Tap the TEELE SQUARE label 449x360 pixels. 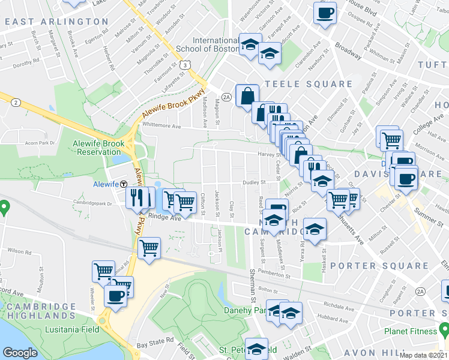(x=308, y=85)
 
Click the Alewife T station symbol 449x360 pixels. (x=123, y=184)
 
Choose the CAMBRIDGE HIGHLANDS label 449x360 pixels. (x=38, y=310)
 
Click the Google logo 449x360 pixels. (x=20, y=353)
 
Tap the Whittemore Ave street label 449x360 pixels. (x=161, y=125)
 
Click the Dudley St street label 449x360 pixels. (x=254, y=182)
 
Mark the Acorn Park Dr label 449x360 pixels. (x=37, y=143)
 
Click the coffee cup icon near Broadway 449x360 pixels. (x=325, y=13)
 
